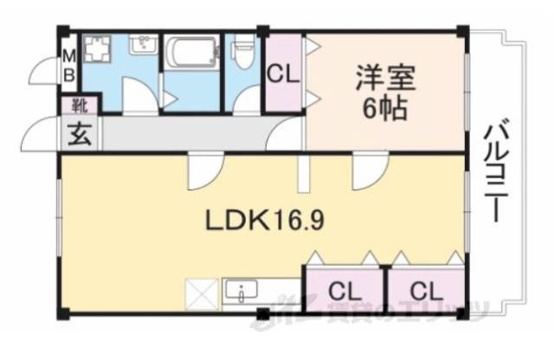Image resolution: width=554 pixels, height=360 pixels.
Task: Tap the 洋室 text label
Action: (384, 79)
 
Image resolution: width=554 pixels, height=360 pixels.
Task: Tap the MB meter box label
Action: (68, 66)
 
